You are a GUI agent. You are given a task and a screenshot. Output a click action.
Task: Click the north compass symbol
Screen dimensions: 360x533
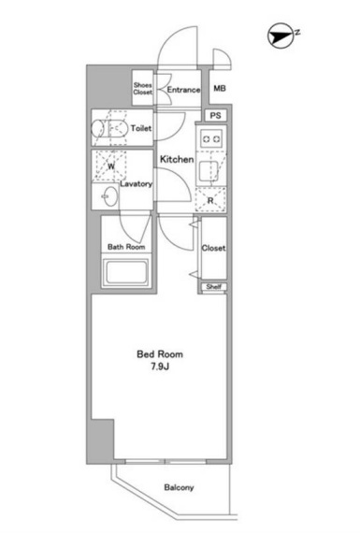tap(281, 36)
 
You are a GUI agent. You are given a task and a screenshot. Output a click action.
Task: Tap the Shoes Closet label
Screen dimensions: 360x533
tap(143, 89)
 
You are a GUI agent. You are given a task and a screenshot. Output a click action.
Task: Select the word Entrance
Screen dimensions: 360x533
tap(183, 90)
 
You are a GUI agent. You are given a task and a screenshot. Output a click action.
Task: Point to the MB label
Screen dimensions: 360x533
tap(220, 89)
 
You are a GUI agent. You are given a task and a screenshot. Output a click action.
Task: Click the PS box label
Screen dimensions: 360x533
tap(215, 116)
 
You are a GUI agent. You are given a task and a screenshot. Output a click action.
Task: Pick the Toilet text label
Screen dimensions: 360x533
tap(141, 128)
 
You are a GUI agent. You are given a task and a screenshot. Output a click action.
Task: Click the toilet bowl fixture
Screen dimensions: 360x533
tap(108, 128)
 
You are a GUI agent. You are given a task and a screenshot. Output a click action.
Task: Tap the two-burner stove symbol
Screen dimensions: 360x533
tap(211, 138)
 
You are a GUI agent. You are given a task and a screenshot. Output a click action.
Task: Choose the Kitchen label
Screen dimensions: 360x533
tap(177, 159)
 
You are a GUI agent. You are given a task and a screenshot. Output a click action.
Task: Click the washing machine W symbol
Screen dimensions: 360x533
tap(111, 166)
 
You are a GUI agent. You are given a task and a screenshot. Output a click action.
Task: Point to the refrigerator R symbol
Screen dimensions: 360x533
tap(210, 200)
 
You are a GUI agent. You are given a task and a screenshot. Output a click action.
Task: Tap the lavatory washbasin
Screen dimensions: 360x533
tap(111, 196)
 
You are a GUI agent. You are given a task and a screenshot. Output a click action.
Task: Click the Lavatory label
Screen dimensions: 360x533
tap(136, 184)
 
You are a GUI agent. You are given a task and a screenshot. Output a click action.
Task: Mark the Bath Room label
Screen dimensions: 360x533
tap(126, 247)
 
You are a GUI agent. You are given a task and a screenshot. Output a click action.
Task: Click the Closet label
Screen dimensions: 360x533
tap(213, 248)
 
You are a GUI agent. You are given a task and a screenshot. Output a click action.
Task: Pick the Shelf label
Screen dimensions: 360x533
tap(214, 286)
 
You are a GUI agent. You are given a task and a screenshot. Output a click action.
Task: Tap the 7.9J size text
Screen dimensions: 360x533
tap(160, 367)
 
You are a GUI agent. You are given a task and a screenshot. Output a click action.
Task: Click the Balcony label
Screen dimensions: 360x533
tap(179, 487)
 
